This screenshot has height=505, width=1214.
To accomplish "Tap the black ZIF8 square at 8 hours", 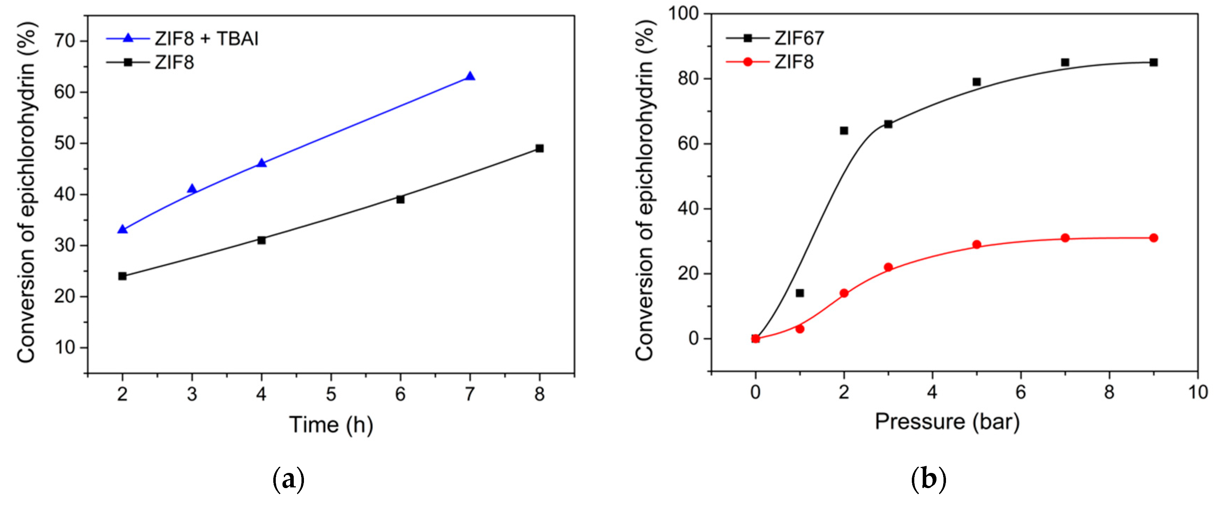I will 540,148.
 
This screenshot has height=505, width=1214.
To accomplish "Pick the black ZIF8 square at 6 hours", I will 400,199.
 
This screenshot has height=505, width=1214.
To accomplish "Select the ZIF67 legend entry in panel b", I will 775,38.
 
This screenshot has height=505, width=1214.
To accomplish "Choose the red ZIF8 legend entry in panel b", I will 771,62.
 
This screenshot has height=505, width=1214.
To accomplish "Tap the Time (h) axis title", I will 331,425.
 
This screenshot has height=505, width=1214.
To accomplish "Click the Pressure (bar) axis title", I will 947,421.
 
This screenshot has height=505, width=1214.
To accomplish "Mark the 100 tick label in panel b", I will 683,14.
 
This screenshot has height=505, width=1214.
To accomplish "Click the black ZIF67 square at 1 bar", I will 800,293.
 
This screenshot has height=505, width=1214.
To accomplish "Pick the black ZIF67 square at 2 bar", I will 844,131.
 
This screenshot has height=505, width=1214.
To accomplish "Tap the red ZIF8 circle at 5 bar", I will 977,245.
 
